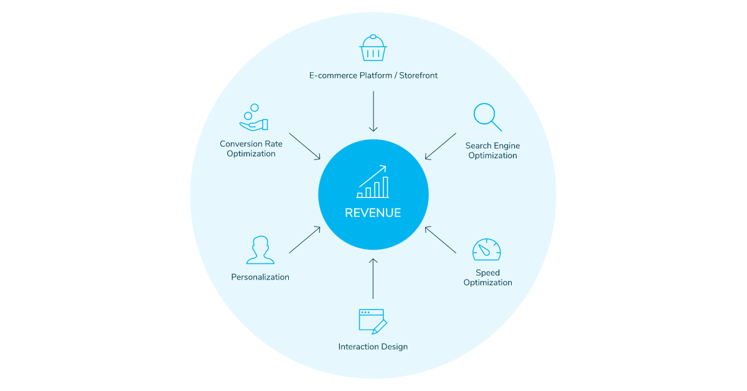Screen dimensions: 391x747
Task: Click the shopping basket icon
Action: click(x=373, y=49)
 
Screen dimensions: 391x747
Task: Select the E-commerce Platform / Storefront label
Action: click(x=374, y=75)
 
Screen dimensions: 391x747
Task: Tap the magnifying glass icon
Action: click(x=487, y=116)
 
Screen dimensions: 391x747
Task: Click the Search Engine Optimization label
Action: click(x=492, y=151)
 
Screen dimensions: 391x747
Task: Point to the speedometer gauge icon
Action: click(x=486, y=249)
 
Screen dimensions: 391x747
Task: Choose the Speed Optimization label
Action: click(x=487, y=278)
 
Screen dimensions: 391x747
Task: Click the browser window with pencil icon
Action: click(x=372, y=321)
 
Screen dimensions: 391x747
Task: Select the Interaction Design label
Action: click(x=373, y=347)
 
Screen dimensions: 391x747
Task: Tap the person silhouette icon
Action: click(x=260, y=250)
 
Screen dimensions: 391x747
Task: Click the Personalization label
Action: click(x=260, y=277)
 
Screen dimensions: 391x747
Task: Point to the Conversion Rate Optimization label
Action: click(x=251, y=149)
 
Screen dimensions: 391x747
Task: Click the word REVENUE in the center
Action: click(x=373, y=213)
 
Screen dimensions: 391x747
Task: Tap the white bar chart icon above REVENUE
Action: click(x=373, y=182)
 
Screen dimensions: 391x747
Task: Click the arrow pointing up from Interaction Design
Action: click(x=373, y=278)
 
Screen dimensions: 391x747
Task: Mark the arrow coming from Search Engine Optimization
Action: click(x=441, y=146)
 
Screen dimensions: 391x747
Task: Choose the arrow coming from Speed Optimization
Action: click(x=441, y=240)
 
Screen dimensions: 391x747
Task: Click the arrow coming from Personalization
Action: click(x=305, y=240)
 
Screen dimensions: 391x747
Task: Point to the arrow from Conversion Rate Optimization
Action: click(x=305, y=146)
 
